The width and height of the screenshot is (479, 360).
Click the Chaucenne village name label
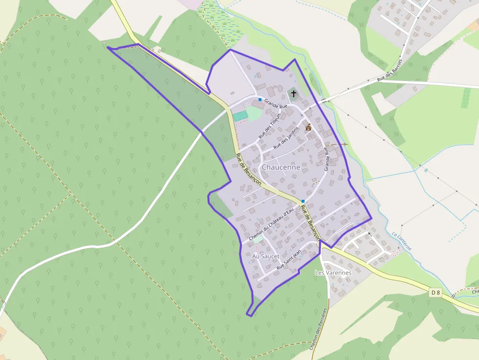(x=281, y=167)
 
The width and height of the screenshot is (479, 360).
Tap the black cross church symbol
(x=293, y=93)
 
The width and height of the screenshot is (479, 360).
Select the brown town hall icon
(x=308, y=127)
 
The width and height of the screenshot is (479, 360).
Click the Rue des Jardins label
(x=285, y=137)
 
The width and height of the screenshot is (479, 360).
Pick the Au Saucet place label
(x=266, y=256)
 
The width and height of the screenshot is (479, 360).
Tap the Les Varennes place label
(x=333, y=272)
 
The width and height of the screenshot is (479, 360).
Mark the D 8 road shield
(x=435, y=293)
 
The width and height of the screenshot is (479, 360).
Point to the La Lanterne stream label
(x=401, y=240)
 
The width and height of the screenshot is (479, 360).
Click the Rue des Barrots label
(x=390, y=71)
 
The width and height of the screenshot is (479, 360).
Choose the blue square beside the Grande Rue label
(x=260, y=99)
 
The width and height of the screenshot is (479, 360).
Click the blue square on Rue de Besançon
(x=303, y=201)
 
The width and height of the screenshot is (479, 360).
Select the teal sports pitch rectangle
(x=240, y=116)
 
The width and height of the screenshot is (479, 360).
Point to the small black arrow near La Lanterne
(x=370, y=235)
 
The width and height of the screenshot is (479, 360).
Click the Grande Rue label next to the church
(x=276, y=105)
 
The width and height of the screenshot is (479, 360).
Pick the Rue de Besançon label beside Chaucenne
(x=248, y=169)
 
